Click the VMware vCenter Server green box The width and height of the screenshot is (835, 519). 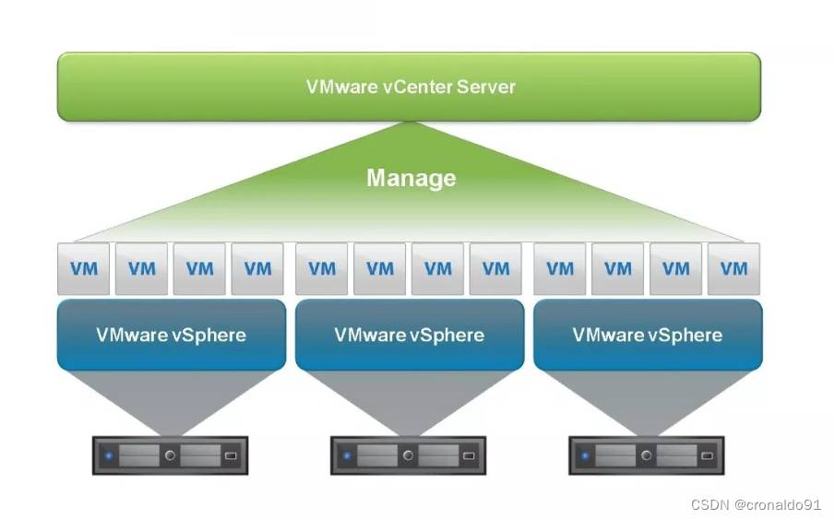pyautogui.click(x=410, y=87)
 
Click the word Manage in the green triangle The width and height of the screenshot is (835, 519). pyautogui.click(x=412, y=177)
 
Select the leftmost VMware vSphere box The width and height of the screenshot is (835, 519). pyautogui.click(x=171, y=334)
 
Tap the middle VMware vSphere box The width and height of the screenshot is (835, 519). pyautogui.click(x=409, y=334)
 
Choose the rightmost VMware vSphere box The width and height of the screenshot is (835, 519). pyautogui.click(x=648, y=334)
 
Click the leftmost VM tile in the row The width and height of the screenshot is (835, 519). pyautogui.click(x=84, y=268)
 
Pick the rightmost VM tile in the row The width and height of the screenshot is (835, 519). pyautogui.click(x=734, y=268)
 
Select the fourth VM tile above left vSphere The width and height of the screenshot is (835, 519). pyautogui.click(x=257, y=268)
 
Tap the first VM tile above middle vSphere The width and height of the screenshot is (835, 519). pyautogui.click(x=322, y=268)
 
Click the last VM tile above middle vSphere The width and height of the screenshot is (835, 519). pyautogui.click(x=495, y=268)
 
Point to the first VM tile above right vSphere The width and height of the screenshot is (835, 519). pyautogui.click(x=560, y=268)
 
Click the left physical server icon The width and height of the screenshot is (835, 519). pyautogui.click(x=171, y=455)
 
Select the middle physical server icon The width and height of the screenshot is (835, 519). pyautogui.click(x=409, y=455)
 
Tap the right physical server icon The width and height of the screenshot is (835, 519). pyautogui.click(x=648, y=455)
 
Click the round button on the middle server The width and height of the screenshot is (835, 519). pyautogui.click(x=408, y=455)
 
